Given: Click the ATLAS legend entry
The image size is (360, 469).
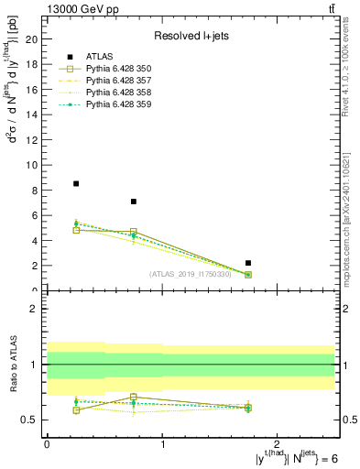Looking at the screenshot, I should click(x=98, y=56).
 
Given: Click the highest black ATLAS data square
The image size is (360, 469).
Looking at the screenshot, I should click(x=76, y=183).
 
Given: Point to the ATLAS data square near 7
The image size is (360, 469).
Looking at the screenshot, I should click(x=134, y=202).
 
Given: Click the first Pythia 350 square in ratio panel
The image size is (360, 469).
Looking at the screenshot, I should click(x=76, y=410).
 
